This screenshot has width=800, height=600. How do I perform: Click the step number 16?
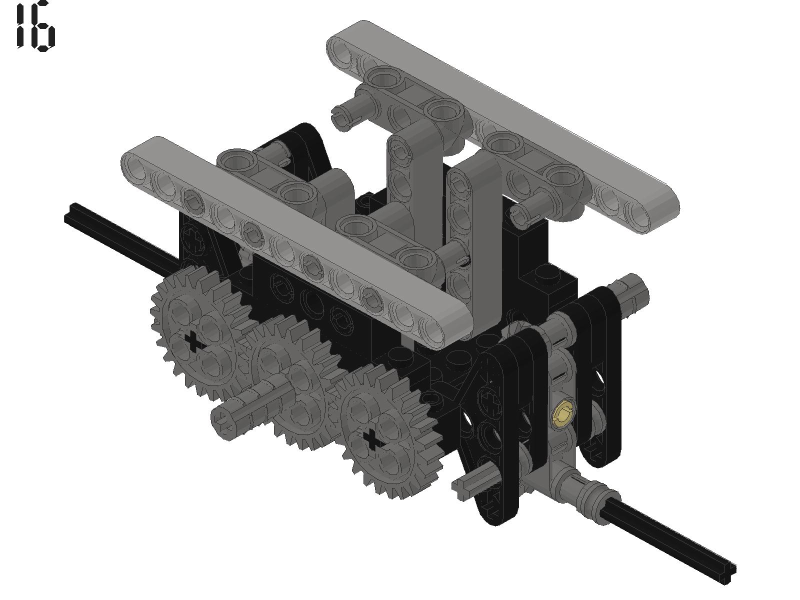pos(35,26)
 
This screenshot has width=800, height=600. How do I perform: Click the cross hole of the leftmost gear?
pos(193,341)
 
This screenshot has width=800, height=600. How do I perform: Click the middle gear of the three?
pos(291,379)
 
